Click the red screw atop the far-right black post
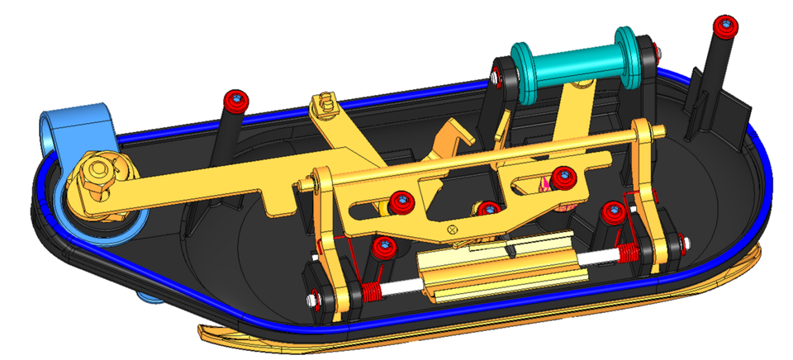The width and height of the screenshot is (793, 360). coord(726,26)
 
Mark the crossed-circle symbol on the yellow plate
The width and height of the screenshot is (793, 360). coord(452,227)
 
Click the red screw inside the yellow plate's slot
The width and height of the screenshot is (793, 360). coord(564,175)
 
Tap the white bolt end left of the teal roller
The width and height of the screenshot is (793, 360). coord(493,80)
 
